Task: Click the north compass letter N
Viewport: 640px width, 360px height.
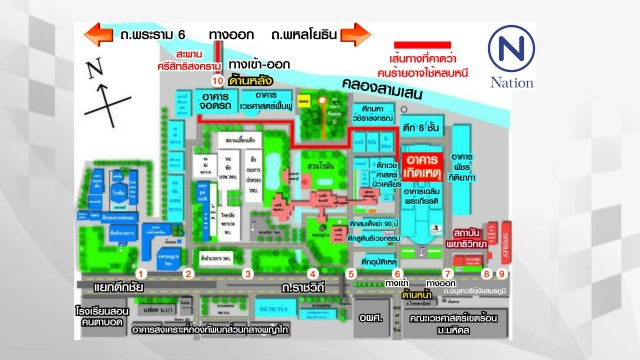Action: [x=95, y=70]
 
